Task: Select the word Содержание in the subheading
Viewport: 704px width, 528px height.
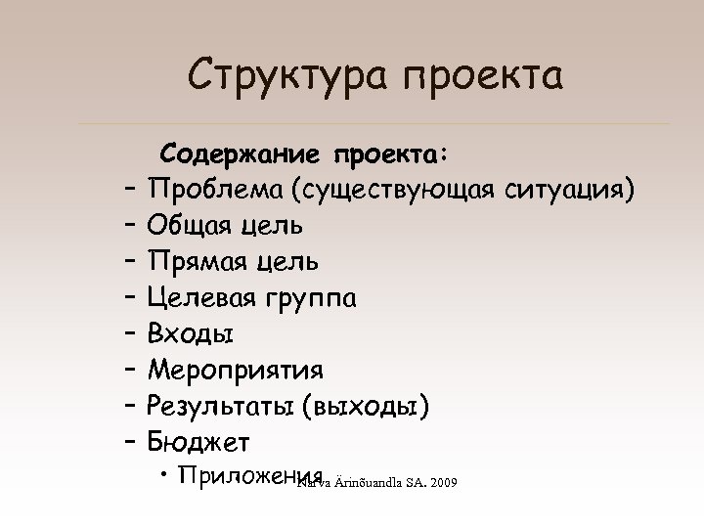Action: [242, 154]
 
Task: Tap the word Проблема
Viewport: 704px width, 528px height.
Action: [221, 190]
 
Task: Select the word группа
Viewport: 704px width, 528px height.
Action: [315, 298]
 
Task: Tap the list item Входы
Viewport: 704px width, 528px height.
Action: [191, 334]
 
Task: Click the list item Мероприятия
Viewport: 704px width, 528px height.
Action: [236, 371]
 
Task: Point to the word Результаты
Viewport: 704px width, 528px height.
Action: [221, 407]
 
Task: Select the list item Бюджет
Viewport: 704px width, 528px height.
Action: [198, 443]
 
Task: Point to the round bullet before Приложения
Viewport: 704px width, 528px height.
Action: [162, 476]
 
